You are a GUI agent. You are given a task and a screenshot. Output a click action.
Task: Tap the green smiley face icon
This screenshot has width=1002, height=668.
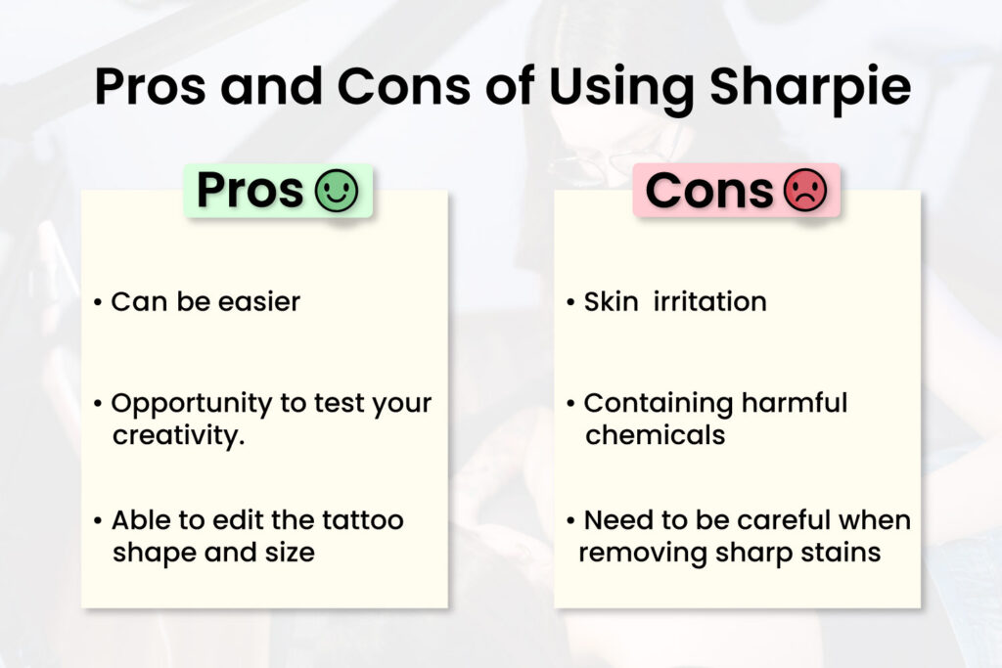pos(336,191)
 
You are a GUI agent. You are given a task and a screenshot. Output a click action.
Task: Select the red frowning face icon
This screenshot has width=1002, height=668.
pos(805,191)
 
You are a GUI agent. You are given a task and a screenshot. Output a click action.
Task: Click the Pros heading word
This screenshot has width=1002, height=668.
pos(250,191)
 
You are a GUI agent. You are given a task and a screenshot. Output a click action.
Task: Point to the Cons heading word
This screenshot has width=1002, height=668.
pos(710,191)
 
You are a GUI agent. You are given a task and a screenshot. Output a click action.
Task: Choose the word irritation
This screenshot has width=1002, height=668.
pos(708,301)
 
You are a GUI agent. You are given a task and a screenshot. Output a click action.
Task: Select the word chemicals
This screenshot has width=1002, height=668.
pos(655,434)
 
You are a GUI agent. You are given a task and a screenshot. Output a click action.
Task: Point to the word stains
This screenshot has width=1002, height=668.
pos(842,552)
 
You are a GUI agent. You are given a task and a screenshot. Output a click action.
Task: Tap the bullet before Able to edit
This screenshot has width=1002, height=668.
pos(98,520)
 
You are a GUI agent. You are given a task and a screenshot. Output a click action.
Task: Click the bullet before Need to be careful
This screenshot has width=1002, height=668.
pos(570,520)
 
